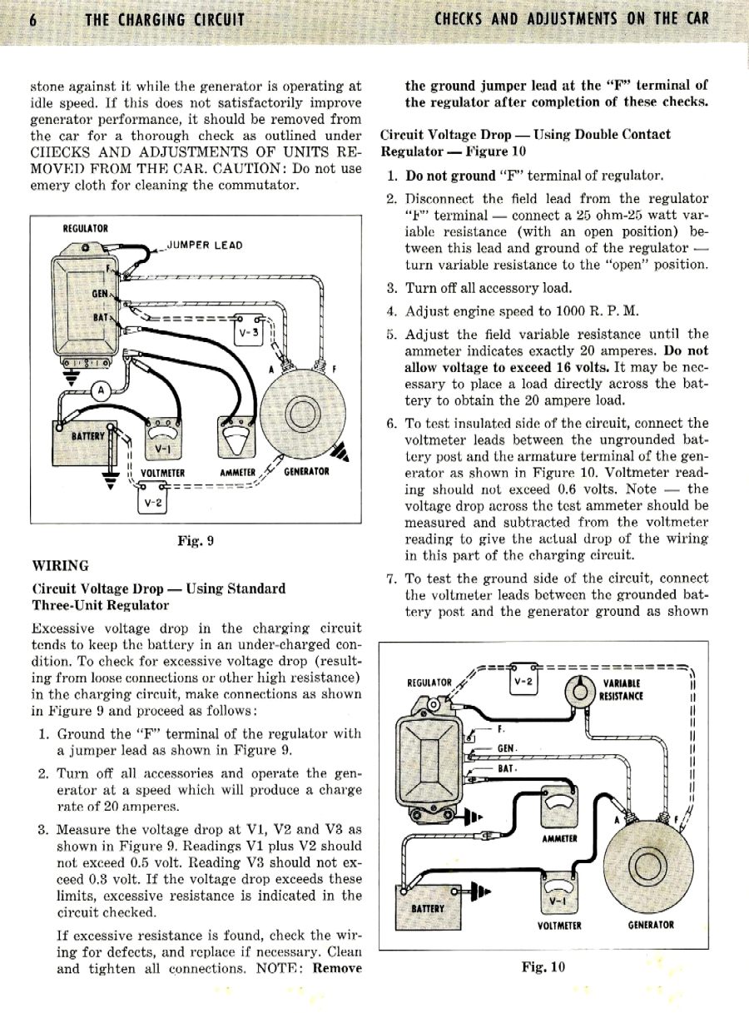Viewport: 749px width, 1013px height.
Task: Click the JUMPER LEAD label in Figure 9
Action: pyautogui.click(x=205, y=245)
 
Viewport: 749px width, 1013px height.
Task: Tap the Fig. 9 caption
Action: pyautogui.click(x=196, y=540)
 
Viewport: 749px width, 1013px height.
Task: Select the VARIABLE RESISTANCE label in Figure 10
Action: pyautogui.click(x=620, y=689)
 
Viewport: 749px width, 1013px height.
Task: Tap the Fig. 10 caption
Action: pyautogui.click(x=543, y=967)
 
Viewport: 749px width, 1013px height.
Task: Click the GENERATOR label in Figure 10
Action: pyautogui.click(x=651, y=925)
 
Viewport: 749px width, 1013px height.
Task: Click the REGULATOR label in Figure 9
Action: pyautogui.click(x=86, y=228)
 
